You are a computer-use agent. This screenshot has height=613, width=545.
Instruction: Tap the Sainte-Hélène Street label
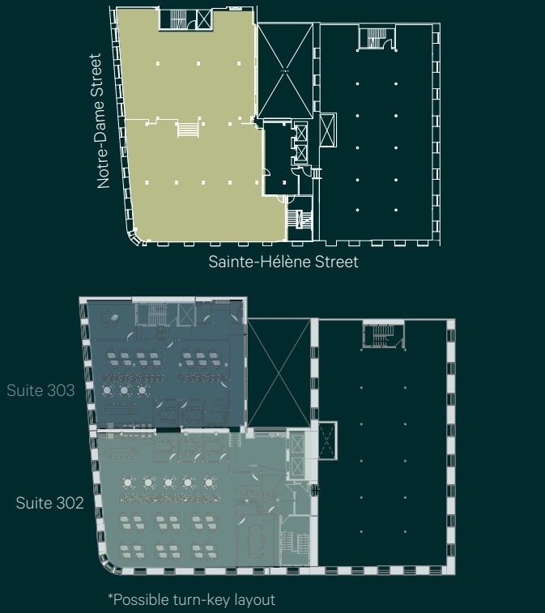coord(283,262)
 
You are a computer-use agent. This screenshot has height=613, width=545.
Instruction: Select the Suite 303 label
coord(40,390)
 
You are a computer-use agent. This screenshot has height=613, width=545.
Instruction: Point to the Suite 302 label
coord(49,503)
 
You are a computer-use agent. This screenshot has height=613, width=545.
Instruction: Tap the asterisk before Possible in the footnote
coord(110,598)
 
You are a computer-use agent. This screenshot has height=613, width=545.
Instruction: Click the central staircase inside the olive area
coord(187,129)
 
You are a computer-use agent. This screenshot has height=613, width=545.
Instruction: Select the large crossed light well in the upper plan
coord(283,71)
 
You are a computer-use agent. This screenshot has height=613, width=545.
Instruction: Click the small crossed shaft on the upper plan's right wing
coord(328,130)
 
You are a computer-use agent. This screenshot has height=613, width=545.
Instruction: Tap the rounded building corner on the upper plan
coord(134,236)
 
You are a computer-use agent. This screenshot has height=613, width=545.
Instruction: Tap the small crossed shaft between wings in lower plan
coord(326,440)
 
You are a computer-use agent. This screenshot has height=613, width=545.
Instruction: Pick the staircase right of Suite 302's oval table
coord(294,544)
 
